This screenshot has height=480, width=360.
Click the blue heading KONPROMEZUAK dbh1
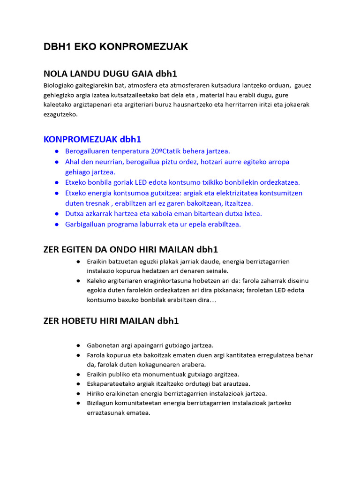click(92, 139)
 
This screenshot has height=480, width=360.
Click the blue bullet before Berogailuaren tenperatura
click(56, 151)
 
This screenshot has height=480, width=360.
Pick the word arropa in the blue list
click(279, 162)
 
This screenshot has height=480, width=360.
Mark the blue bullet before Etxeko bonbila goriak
click(56, 182)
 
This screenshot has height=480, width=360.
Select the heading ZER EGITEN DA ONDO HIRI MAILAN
click(130, 249)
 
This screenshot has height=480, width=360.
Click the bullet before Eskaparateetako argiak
click(78, 384)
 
